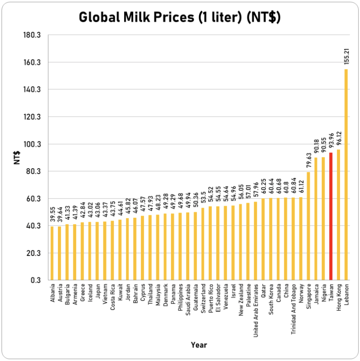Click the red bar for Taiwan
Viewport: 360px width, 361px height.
point(331,216)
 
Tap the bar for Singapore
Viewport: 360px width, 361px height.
point(309,226)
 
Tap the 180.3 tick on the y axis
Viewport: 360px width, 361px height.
point(33,35)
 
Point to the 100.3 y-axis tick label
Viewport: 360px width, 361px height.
point(33,144)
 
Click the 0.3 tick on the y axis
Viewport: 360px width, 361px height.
point(36,280)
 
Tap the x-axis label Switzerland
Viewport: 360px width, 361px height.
point(204,297)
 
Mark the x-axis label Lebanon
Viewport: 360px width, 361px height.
point(346,294)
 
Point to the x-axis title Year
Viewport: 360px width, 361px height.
point(198,345)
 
